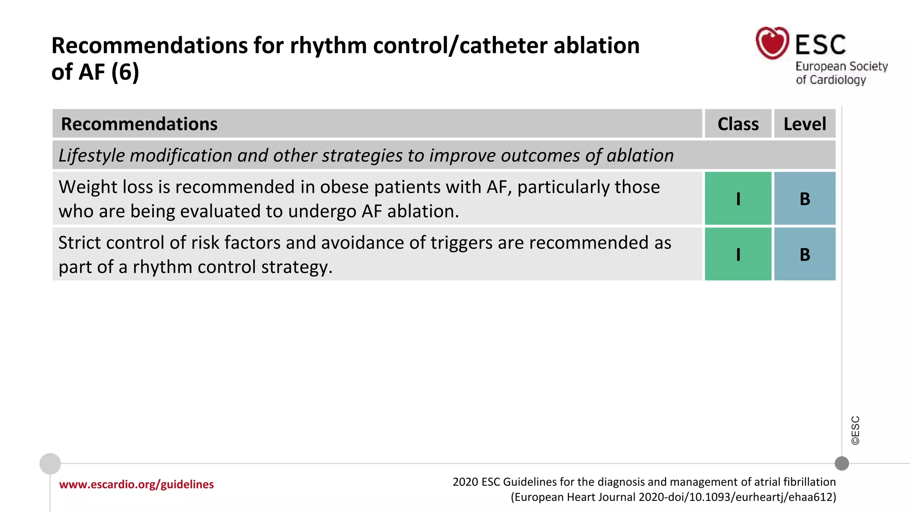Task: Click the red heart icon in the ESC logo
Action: (x=772, y=43)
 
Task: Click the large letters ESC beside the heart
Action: (x=820, y=45)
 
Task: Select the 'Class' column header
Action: (x=738, y=124)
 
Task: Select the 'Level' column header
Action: (x=805, y=124)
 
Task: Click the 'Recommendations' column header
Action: (x=139, y=124)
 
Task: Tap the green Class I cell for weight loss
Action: (x=738, y=199)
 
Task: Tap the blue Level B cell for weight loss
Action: (x=805, y=199)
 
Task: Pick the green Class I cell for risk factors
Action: (x=738, y=254)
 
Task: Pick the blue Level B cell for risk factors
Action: (x=805, y=254)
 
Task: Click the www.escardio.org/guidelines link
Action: (x=136, y=484)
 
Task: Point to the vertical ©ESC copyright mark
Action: (x=855, y=430)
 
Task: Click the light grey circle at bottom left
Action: (x=50, y=464)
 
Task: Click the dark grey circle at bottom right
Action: (x=842, y=464)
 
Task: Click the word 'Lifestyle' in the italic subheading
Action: (x=92, y=156)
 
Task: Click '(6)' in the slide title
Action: (x=125, y=72)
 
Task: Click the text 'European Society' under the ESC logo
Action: (x=841, y=67)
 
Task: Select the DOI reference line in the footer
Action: (x=673, y=497)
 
